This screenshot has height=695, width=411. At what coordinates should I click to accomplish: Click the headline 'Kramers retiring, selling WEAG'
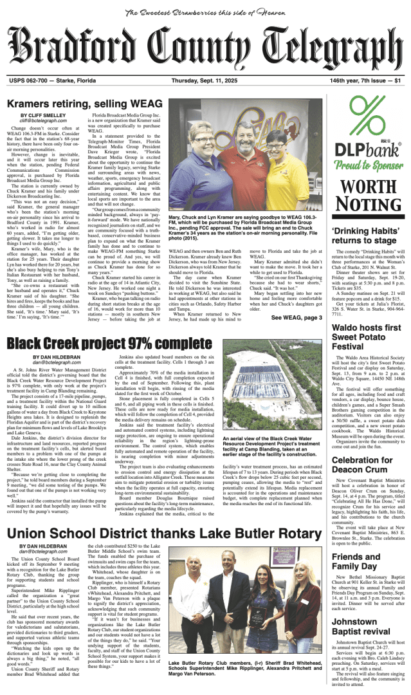tap(85, 104)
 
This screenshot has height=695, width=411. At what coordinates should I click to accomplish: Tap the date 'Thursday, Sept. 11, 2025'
tap(209, 80)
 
